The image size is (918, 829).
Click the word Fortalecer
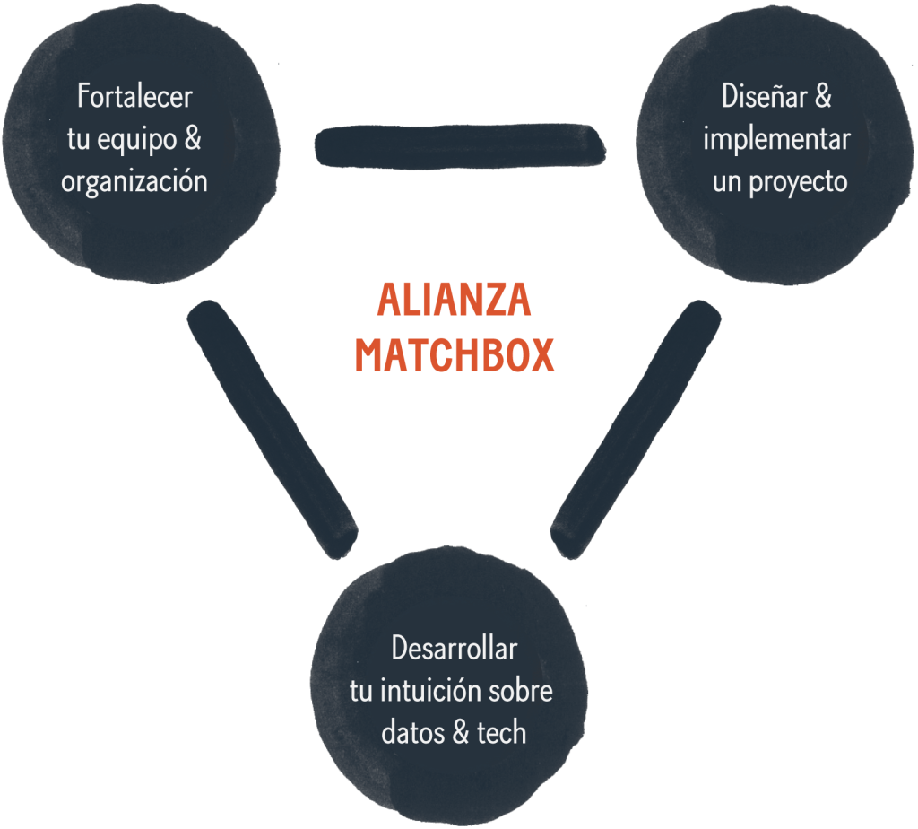[134, 96]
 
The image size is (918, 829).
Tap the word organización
[134, 181]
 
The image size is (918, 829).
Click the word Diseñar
[765, 96]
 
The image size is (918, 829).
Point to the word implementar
[777, 139]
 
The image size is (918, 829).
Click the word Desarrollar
[455, 649]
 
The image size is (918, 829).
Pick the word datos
[412, 734]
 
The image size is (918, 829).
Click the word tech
[502, 734]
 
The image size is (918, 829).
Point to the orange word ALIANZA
[455, 300]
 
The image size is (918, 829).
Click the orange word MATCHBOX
[455, 355]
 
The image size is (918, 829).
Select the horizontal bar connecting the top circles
[460, 146]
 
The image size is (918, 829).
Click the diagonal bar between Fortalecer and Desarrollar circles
[273, 430]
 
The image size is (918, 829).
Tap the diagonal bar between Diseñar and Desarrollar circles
[636, 430]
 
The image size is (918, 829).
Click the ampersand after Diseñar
[823, 96]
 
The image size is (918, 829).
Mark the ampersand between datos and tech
[461, 734]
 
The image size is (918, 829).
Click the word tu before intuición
[361, 692]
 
